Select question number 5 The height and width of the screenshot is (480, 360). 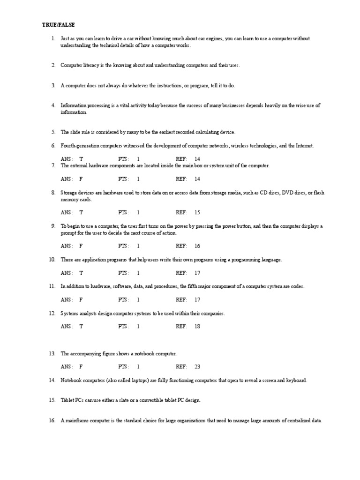pyautogui.click(x=53, y=132)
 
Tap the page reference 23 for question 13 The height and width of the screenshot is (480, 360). pyautogui.click(x=197, y=367)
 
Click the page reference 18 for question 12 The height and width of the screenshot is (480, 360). pyautogui.click(x=197, y=326)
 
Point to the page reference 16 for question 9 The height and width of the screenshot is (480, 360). pyautogui.click(x=197, y=246)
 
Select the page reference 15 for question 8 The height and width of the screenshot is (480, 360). pyautogui.click(x=197, y=212)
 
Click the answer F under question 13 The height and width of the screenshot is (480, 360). pyautogui.click(x=81, y=367)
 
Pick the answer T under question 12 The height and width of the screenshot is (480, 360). pyautogui.click(x=81, y=326)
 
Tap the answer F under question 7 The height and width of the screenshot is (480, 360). pyautogui.click(x=81, y=179)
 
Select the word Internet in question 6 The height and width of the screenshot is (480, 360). pyautogui.click(x=304, y=146)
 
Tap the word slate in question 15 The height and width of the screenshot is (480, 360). pyautogui.click(x=120, y=400)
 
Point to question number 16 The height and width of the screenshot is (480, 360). pyautogui.click(x=52, y=421)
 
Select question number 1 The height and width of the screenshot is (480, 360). pyautogui.click(x=53, y=38)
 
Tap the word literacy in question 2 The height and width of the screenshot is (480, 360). pyautogui.click(x=89, y=65)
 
